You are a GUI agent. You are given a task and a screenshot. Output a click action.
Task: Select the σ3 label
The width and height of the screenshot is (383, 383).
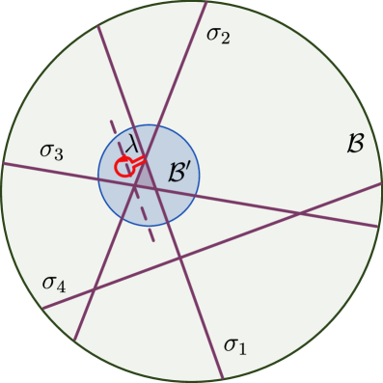pos(52,150)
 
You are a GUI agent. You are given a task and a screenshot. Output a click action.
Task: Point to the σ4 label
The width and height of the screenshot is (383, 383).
pos(54,283)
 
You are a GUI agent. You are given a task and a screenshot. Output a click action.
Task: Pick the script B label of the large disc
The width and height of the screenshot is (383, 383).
pos(354,144)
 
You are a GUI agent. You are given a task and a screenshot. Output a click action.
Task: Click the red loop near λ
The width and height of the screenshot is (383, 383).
pos(123,168)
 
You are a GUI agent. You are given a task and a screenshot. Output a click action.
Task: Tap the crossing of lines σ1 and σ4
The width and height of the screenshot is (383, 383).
pos(180,257)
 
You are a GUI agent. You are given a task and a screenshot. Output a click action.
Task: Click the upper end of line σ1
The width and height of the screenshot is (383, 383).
pos(97,23)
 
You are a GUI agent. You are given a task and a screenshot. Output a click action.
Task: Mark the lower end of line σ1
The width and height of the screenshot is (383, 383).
pos(224,378)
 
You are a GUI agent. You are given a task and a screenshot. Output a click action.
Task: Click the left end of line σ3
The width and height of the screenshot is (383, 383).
pos(4,163)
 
